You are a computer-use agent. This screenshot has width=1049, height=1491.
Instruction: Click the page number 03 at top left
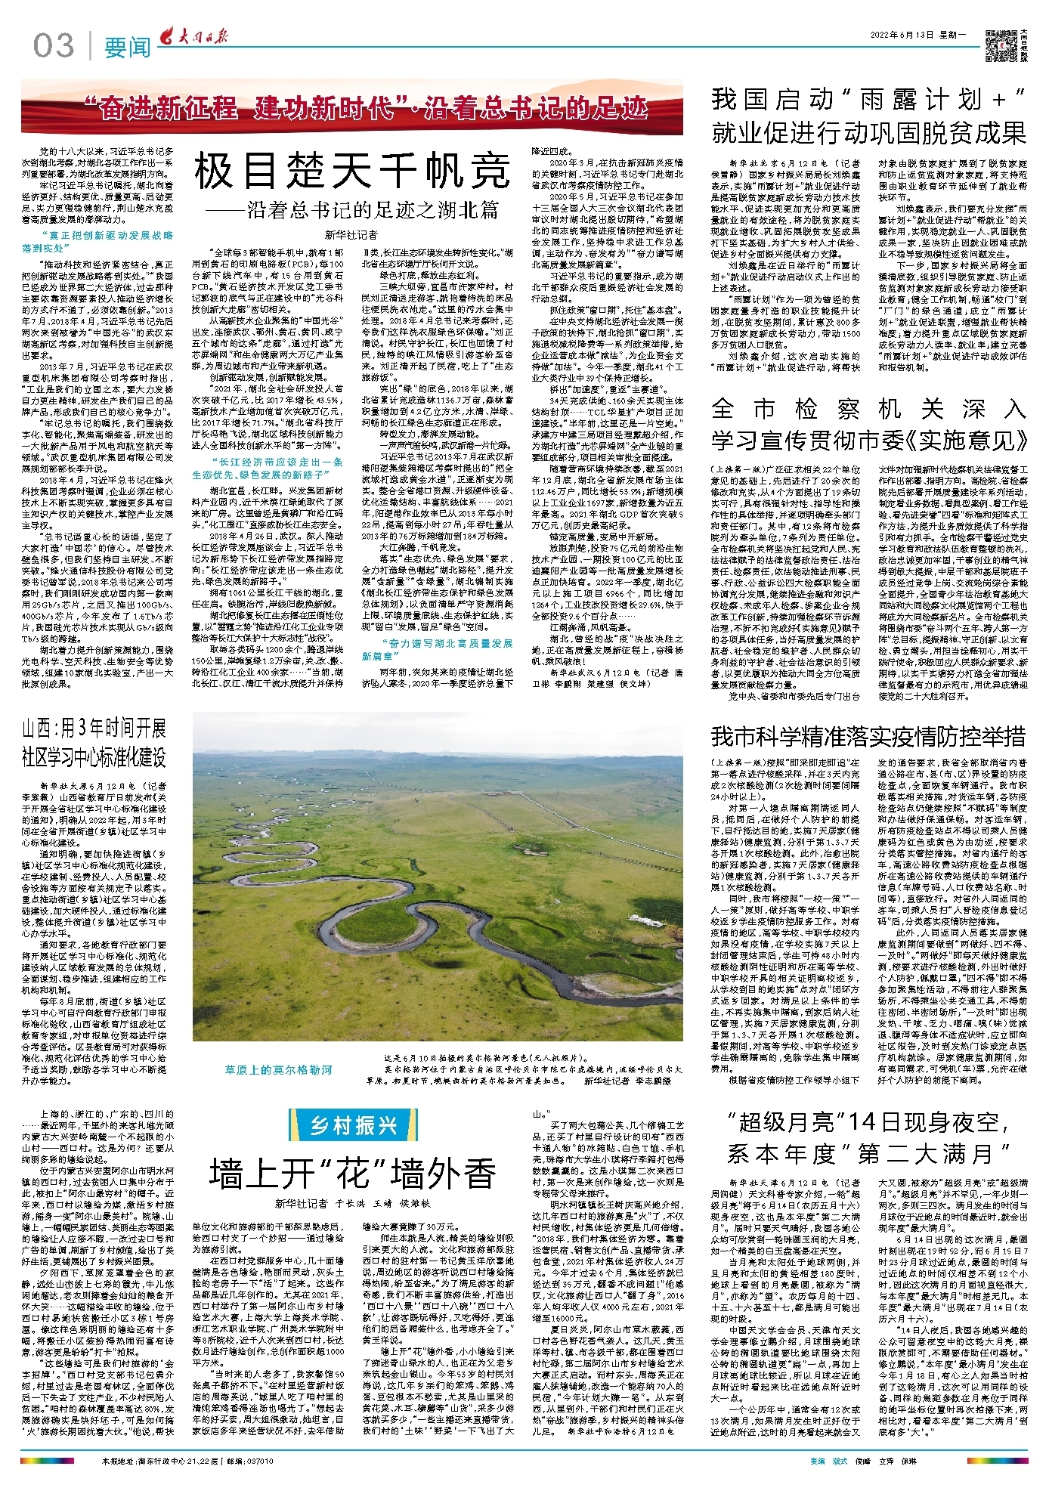54,46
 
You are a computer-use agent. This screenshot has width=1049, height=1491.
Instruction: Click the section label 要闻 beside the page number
127,48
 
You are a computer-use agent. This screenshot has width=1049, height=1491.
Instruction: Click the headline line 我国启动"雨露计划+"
868,100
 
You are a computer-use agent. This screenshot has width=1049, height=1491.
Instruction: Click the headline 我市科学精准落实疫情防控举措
868,735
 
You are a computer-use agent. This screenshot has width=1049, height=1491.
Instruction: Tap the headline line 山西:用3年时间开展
94,728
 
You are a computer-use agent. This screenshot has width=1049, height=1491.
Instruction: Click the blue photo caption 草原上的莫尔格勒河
278,1069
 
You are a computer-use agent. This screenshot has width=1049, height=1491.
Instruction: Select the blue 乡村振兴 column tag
354,1125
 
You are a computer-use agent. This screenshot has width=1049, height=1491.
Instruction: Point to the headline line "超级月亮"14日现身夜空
868,1122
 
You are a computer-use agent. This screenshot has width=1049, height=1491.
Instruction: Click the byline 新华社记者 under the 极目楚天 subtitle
351,235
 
